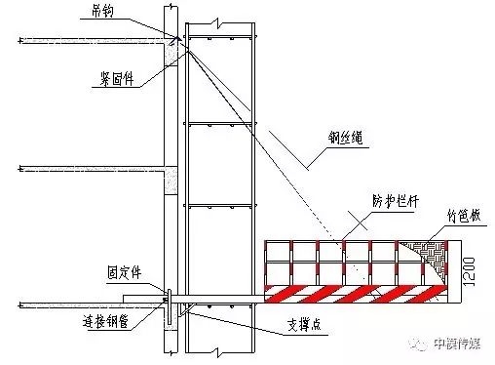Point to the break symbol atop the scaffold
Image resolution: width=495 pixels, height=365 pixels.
(223, 19)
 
